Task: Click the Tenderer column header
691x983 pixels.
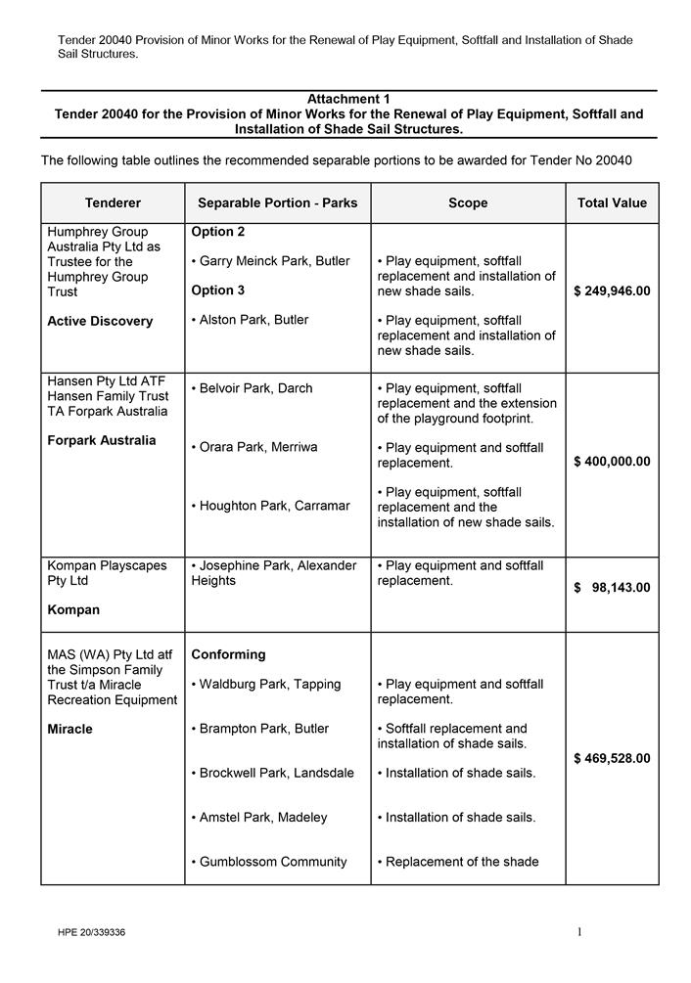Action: [x=113, y=203]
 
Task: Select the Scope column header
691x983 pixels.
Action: [x=468, y=203]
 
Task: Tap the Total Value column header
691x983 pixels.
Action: [x=612, y=203]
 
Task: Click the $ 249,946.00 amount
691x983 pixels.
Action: [x=612, y=291]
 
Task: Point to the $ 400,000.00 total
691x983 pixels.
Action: [x=612, y=462]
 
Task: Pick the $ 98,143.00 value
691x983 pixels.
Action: [x=612, y=588]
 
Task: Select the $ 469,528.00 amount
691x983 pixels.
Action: [x=612, y=758]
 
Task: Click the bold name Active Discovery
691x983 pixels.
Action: [x=100, y=321]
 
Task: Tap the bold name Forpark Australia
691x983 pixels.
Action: [x=101, y=440]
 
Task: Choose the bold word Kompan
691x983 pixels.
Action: [x=73, y=609]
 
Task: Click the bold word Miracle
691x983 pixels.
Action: [x=69, y=729]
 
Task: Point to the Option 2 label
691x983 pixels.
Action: [x=218, y=232]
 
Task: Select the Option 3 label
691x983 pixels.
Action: [x=218, y=290]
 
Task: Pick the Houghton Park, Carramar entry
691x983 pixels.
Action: [x=274, y=506]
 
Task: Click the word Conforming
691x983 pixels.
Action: [x=228, y=654]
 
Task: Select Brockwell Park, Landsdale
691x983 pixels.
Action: [x=276, y=773]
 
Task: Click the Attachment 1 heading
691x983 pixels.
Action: [x=348, y=99]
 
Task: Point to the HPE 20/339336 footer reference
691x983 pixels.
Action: [x=91, y=932]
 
